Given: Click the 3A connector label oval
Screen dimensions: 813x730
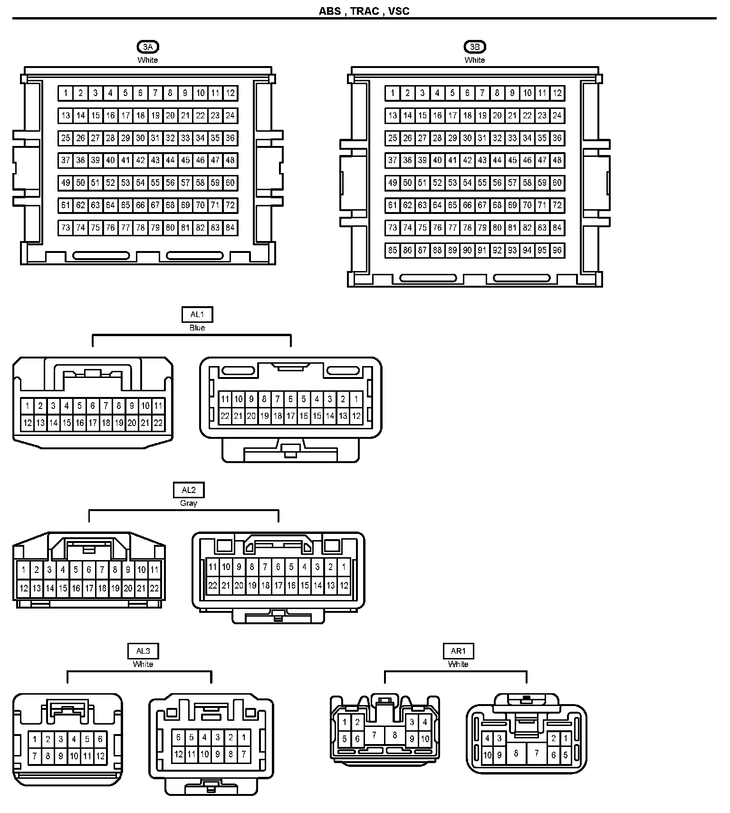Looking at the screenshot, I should (148, 47).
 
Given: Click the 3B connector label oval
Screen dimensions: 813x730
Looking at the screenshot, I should (475, 47).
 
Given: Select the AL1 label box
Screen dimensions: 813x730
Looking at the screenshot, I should (197, 314).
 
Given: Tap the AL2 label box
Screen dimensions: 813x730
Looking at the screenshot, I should (189, 490).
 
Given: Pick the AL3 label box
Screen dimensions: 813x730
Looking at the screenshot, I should (143, 651).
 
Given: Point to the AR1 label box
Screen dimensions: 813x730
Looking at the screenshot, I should (458, 651).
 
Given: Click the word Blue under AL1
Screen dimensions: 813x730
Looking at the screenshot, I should (197, 328).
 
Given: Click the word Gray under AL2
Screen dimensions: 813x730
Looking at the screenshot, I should (189, 503).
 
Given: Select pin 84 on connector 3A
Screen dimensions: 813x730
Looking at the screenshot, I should (230, 228).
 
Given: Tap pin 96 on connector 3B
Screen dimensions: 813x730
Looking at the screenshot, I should (557, 250).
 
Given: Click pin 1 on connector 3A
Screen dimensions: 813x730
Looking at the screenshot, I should (66, 93).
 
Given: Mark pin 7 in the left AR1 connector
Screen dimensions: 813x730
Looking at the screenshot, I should (375, 735).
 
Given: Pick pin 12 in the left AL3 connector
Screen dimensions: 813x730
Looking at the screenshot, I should (100, 755).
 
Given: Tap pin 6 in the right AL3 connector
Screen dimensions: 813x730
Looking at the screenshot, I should (178, 737).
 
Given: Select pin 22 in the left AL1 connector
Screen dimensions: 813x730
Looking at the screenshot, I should (158, 423).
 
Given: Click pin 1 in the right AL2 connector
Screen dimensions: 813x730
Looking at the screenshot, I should (344, 567).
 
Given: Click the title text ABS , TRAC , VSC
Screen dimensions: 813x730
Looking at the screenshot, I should (364, 11).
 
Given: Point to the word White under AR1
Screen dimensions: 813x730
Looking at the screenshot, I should (458, 664).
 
